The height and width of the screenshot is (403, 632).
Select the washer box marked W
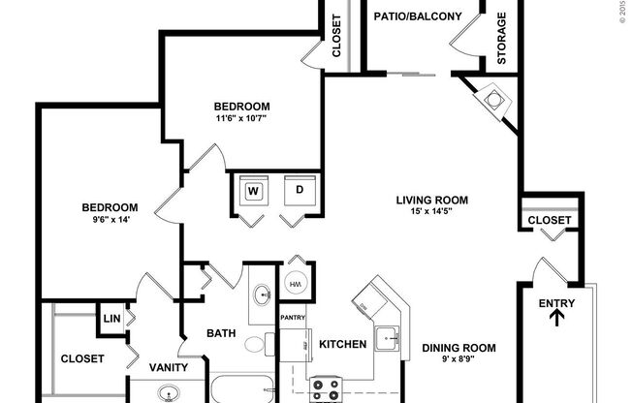tap(253, 191)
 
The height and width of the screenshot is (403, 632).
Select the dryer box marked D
tap(300, 191)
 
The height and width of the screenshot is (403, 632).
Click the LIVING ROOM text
tap(431, 201)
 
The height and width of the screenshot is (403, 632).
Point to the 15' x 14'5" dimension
tap(431, 214)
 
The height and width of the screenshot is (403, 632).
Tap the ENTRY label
tap(557, 304)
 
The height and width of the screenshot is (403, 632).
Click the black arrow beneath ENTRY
tap(557, 321)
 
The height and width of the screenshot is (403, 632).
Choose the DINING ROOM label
tap(458, 348)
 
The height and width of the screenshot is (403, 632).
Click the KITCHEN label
tap(342, 344)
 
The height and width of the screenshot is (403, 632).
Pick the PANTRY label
tap(294, 317)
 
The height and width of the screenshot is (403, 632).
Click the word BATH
tap(221, 334)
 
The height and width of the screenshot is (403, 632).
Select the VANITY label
tap(169, 367)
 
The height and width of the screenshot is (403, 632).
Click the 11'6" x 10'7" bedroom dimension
tap(241, 119)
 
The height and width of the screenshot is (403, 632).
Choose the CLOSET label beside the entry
tap(550, 221)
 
